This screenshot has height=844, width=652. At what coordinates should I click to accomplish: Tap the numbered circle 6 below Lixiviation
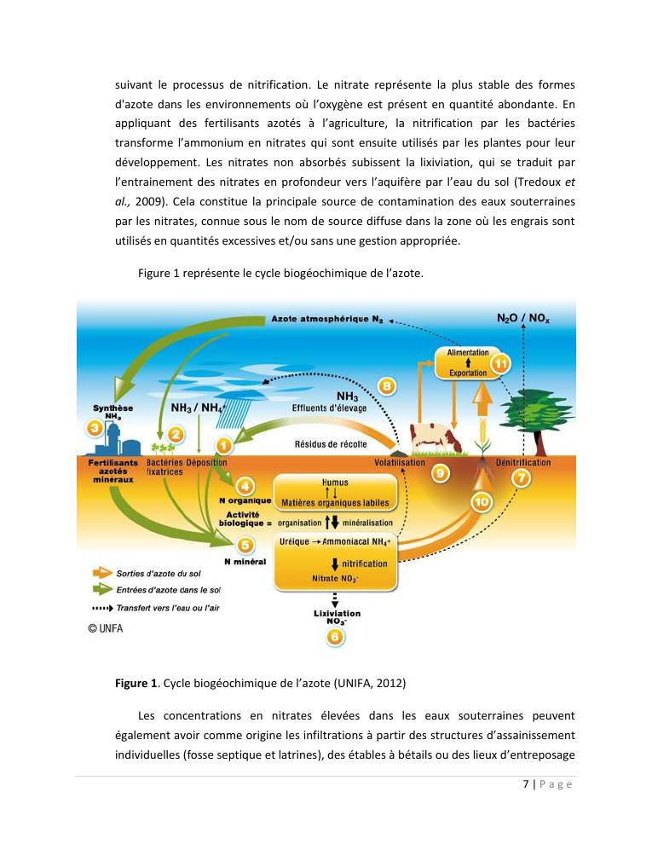338,635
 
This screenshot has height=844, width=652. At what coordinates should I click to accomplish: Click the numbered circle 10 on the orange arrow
482,502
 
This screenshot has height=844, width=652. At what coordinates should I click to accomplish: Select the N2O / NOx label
523,317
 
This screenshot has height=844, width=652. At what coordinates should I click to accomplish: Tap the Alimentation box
468,352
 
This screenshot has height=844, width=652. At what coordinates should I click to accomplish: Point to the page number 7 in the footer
526,784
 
